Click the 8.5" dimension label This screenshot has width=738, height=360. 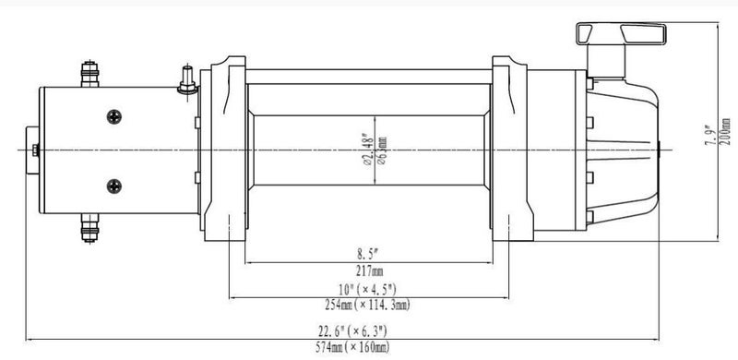click(367, 255)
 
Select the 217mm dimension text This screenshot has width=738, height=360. click(370, 271)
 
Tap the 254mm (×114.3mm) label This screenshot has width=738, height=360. click(367, 305)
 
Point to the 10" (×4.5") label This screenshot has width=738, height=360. click(367, 289)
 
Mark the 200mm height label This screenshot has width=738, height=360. click(726, 131)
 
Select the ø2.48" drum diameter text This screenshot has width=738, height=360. click(368, 150)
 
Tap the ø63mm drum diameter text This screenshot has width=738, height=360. click(382, 150)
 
